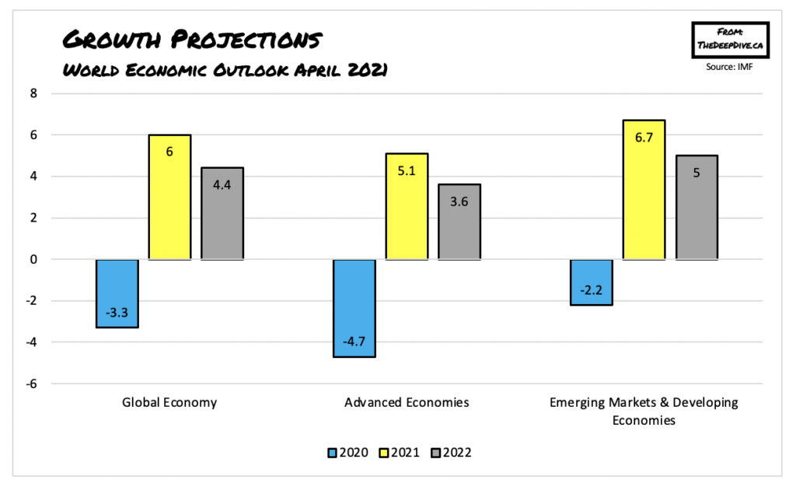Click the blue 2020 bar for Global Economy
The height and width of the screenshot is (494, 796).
tap(117, 293)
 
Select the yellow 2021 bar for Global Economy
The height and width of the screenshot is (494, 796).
tap(169, 197)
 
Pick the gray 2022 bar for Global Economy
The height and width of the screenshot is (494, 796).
tap(222, 213)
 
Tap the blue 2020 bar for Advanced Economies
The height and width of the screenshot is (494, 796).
tap(354, 308)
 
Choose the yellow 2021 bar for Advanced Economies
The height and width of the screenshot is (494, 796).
tap(407, 206)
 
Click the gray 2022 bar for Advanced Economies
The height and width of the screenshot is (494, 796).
tap(459, 222)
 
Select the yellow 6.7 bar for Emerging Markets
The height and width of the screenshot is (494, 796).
tap(644, 190)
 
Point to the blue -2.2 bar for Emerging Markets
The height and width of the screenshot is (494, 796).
tap(592, 282)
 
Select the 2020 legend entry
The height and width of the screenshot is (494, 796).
tap(342, 453)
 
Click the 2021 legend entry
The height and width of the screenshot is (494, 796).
tap(400, 453)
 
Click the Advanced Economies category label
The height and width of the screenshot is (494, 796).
tap(407, 403)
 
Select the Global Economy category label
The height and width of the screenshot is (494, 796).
tap(169, 403)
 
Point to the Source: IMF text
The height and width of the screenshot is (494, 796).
tap(730, 67)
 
